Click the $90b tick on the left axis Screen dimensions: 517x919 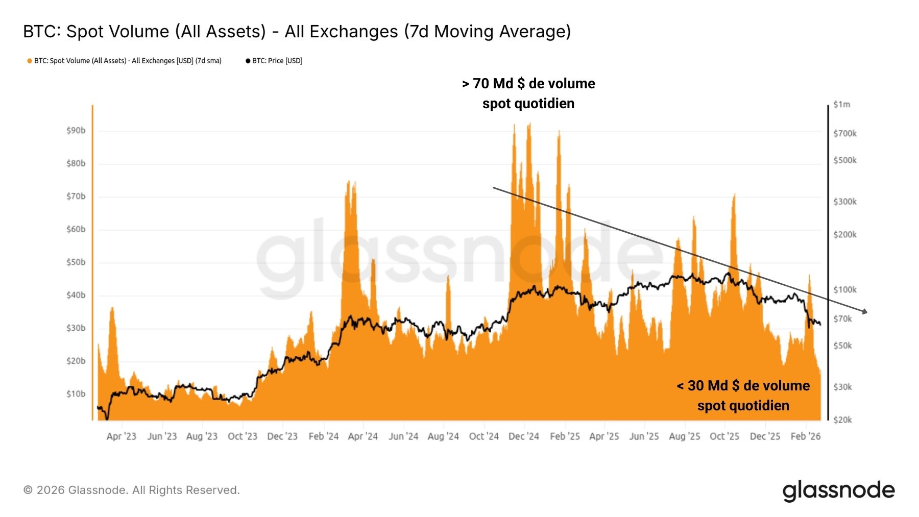76,131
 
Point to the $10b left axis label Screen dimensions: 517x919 76,394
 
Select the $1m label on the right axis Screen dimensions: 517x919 841,105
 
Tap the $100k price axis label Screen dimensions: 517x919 845,290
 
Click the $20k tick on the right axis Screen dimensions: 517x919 842,420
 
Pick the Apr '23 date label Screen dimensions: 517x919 122,436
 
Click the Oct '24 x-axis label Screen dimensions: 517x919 483,436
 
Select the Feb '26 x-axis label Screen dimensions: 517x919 805,436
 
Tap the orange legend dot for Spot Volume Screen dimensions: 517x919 30,61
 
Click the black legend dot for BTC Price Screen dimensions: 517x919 248,61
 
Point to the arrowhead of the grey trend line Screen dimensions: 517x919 865,311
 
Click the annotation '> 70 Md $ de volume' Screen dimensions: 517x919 528,84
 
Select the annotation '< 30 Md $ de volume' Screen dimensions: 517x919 743,386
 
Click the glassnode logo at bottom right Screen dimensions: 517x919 838,491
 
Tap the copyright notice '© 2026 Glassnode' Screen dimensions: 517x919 131,490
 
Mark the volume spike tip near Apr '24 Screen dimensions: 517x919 349,181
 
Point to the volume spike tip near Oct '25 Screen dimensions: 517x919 734,194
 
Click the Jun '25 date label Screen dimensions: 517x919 644,436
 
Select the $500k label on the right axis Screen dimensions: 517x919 845,160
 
